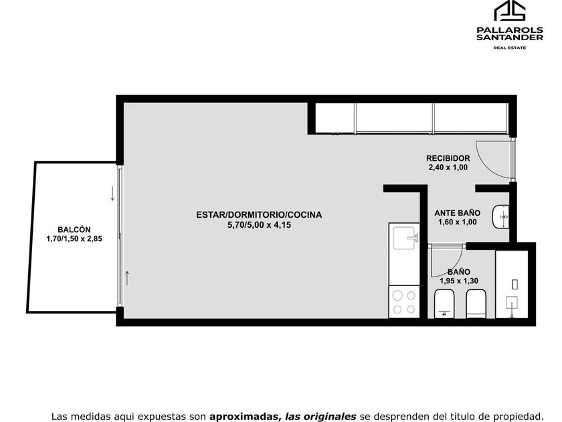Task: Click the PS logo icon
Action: [510, 11]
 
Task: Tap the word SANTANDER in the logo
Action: [510, 37]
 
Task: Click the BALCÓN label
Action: [74, 230]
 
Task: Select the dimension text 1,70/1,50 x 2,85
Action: [74, 238]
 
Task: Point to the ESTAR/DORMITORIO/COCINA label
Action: [259, 215]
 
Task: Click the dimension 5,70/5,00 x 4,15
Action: [259, 225]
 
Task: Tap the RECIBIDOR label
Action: [448, 158]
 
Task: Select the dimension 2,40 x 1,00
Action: [448, 167]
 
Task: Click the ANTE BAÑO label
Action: [458, 213]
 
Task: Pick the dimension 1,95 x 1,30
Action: [459, 281]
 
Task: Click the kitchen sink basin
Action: [405, 238]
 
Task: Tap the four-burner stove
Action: [404, 302]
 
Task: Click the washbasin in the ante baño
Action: [500, 217]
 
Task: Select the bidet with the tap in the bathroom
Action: [444, 304]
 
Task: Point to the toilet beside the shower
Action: [476, 303]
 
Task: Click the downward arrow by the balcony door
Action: [112, 194]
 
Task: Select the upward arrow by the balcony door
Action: [126, 279]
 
